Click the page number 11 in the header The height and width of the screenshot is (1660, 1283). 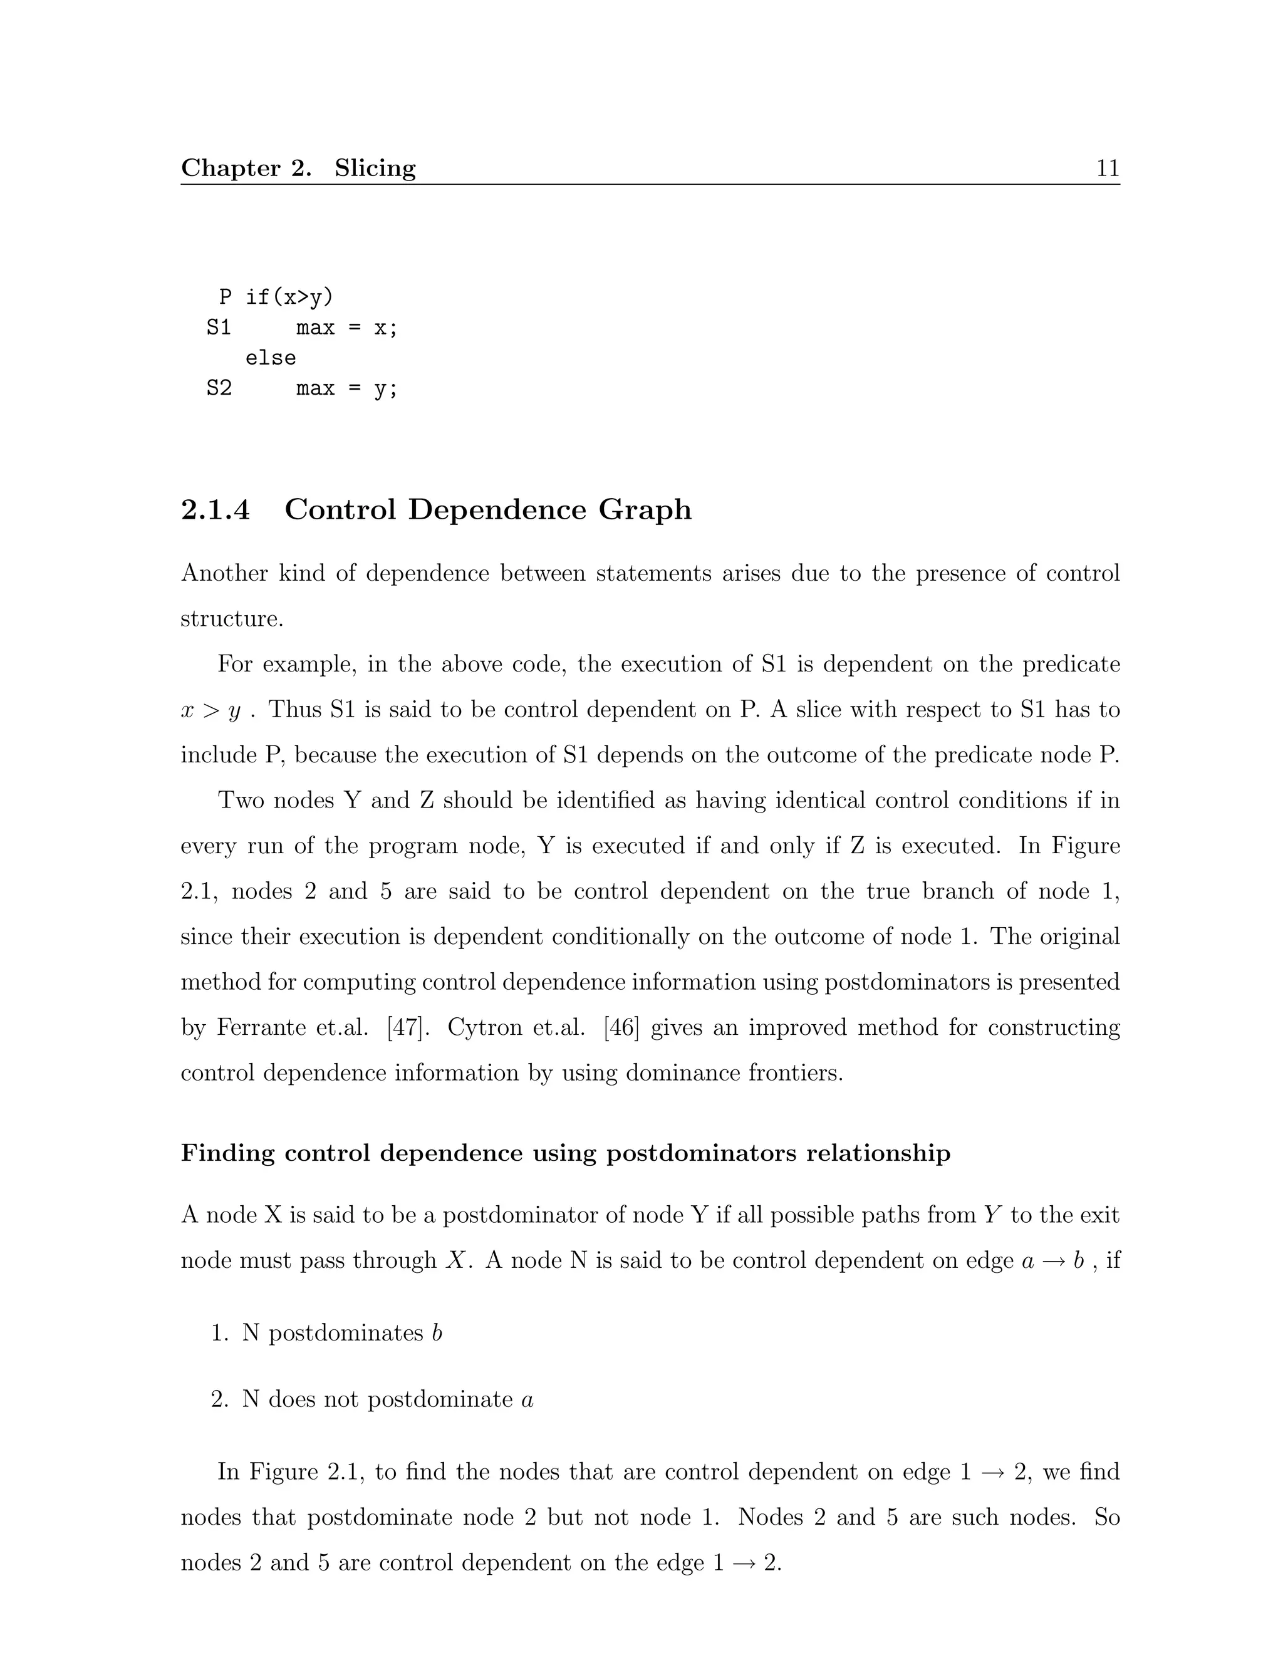pyautogui.click(x=1108, y=168)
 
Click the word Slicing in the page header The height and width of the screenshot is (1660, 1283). pyautogui.click(x=375, y=168)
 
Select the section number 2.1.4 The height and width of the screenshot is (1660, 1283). pyautogui.click(x=215, y=509)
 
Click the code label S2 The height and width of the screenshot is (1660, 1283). pyautogui.click(x=219, y=388)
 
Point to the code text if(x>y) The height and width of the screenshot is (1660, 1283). pyautogui.click(x=289, y=297)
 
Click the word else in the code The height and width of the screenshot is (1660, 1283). pyautogui.click(x=271, y=358)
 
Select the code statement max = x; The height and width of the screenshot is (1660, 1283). pyautogui.click(x=346, y=328)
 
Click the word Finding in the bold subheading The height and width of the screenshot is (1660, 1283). pyautogui.click(x=227, y=1153)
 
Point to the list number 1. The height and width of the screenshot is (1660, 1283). pyautogui.click(x=219, y=1333)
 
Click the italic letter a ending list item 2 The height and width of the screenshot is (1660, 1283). pyautogui.click(x=527, y=1400)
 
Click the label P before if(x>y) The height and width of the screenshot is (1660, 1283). pyautogui.click(x=225, y=297)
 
